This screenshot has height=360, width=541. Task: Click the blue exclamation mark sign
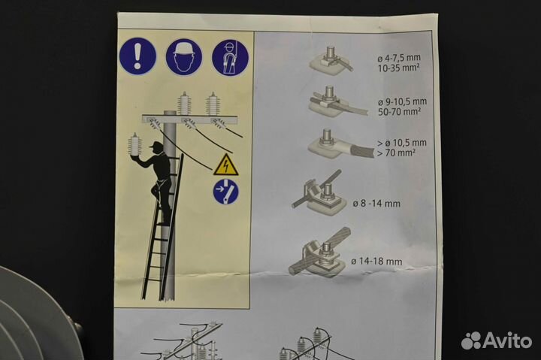click(138, 56)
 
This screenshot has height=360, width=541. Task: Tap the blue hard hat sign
click(184, 56)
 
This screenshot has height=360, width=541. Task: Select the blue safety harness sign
click(230, 58)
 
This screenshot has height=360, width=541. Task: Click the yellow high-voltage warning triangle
click(225, 165)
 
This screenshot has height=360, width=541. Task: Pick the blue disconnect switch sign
click(225, 192)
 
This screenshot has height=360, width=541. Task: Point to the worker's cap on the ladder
click(156, 144)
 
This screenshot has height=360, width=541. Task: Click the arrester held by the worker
click(135, 144)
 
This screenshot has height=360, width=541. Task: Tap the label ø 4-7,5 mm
click(399, 58)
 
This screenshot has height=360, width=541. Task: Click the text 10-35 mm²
click(399, 68)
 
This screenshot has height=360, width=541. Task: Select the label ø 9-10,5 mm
click(402, 101)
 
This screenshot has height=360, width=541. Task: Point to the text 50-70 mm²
click(400, 112)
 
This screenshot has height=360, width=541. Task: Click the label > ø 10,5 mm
click(401, 143)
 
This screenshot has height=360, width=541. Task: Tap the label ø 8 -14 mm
click(376, 203)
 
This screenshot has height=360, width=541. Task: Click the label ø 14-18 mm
click(376, 262)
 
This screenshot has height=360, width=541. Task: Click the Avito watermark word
click(507, 340)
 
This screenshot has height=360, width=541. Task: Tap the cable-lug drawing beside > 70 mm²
click(340, 144)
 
